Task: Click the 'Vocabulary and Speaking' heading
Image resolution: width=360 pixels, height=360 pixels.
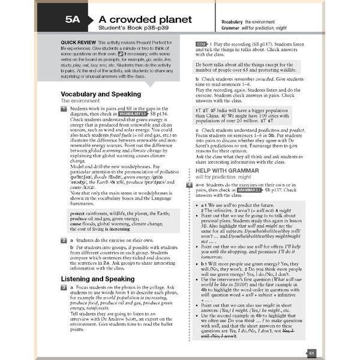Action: pos(101,94)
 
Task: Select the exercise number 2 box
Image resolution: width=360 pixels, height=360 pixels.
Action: pos(64,240)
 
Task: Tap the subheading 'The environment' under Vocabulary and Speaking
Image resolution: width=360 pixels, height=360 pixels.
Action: pos(82,101)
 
